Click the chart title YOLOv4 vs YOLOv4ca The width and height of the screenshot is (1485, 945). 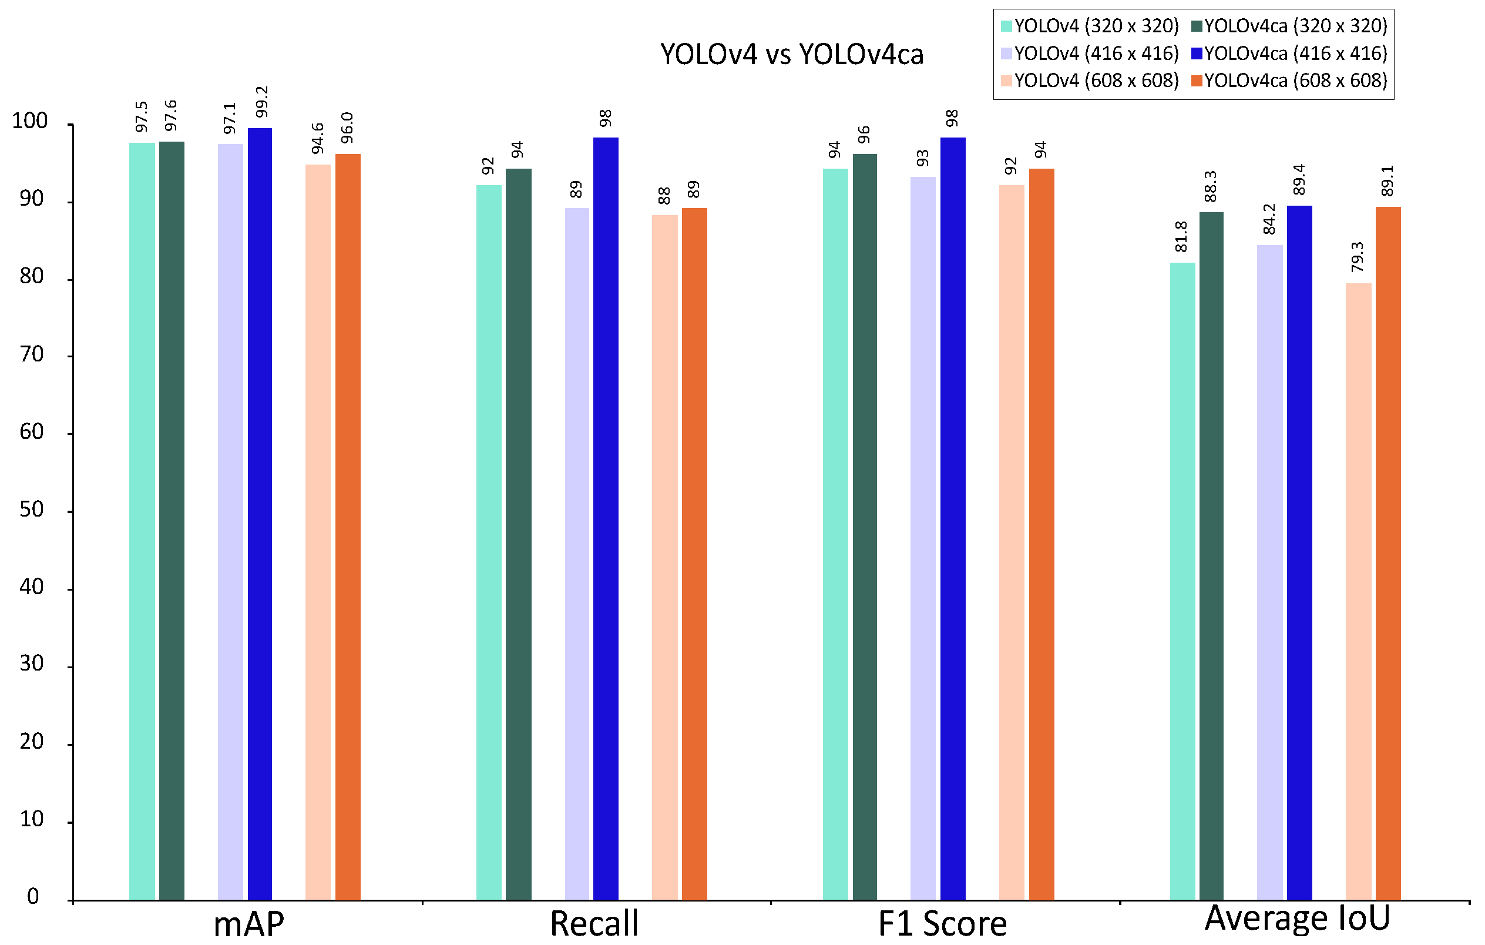pos(791,54)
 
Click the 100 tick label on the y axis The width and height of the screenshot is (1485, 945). pos(29,121)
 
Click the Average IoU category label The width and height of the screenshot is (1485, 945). pos(1297,918)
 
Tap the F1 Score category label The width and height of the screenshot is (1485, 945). pos(942,924)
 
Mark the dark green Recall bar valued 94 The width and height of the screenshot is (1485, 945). pos(518,534)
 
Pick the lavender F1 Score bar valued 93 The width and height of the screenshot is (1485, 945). pos(923,538)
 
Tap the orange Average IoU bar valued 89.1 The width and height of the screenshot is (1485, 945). pos(1388,552)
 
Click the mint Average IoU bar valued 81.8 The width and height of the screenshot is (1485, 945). pos(1182,581)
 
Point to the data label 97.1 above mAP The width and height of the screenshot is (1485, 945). pos(230,119)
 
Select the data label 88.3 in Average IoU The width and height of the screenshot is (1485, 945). pos(1210,186)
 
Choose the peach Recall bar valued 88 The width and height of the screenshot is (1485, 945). pos(664,557)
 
